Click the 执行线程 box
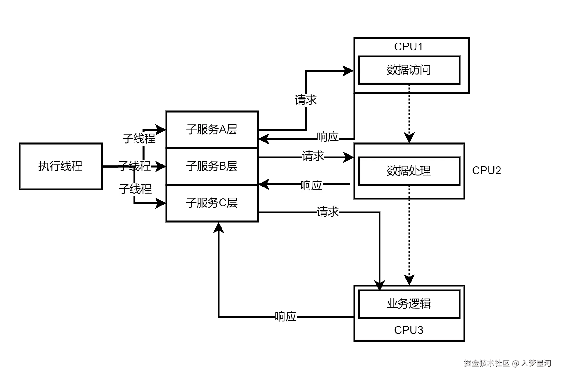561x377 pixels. point(61,166)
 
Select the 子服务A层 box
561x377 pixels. point(212,130)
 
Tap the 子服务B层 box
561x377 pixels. point(212,166)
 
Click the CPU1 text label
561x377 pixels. point(409,47)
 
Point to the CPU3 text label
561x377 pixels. point(409,330)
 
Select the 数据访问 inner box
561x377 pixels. point(409,70)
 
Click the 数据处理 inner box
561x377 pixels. point(409,171)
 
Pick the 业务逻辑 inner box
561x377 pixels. point(409,304)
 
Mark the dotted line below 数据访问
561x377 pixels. point(409,88)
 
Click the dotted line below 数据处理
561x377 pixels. point(409,192)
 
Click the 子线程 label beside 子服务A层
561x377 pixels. point(139,139)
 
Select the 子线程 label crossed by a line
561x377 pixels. point(134,166)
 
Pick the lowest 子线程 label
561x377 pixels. point(135,189)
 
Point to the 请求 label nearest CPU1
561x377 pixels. point(305,100)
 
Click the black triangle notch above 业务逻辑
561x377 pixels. point(380,288)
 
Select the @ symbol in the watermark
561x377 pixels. point(515,363)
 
